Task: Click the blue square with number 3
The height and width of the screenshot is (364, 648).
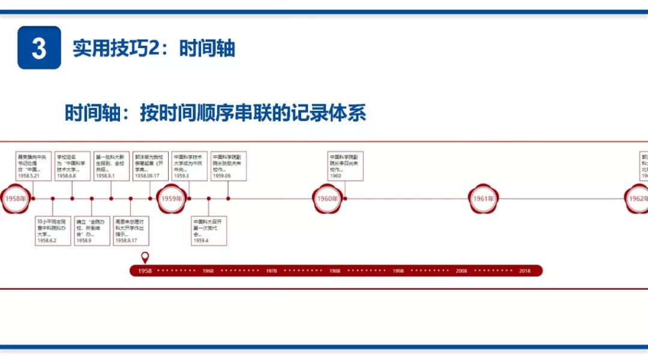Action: pos(39,48)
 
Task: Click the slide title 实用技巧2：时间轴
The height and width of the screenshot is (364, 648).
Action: pos(154,48)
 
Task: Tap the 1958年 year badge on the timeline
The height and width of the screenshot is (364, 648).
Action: pos(16,198)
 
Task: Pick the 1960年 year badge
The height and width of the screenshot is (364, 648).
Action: pos(328,198)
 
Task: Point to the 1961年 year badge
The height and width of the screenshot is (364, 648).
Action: pos(484,198)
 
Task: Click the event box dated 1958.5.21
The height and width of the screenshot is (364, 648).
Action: pos(33,166)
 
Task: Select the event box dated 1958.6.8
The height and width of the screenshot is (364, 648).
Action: pos(73,166)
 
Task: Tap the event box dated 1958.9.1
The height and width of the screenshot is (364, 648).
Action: pos(111,166)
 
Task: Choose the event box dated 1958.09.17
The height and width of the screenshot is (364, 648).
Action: pos(151,166)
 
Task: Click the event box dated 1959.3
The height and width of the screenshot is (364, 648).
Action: pos(190,166)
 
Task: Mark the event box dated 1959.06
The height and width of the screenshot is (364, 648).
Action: pos(229,166)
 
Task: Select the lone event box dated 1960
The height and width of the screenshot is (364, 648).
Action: pos(346,166)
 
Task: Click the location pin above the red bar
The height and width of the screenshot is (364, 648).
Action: pos(145,257)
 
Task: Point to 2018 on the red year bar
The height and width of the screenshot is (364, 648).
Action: pos(525,271)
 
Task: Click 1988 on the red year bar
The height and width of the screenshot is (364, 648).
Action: pos(335,271)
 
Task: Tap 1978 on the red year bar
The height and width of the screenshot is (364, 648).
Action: pos(271,271)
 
